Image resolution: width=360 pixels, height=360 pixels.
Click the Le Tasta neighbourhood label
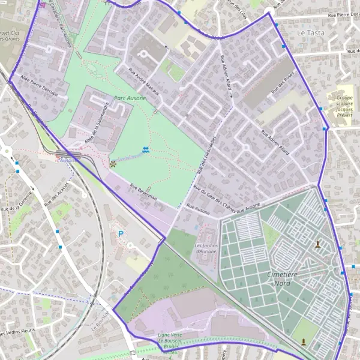click(310, 32)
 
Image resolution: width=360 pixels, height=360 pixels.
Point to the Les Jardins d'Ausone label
click(205, 248)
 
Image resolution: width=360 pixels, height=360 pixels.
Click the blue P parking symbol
click(121, 234)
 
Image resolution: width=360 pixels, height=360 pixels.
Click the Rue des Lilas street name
click(237, 10)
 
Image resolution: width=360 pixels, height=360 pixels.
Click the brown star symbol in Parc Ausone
click(112, 163)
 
